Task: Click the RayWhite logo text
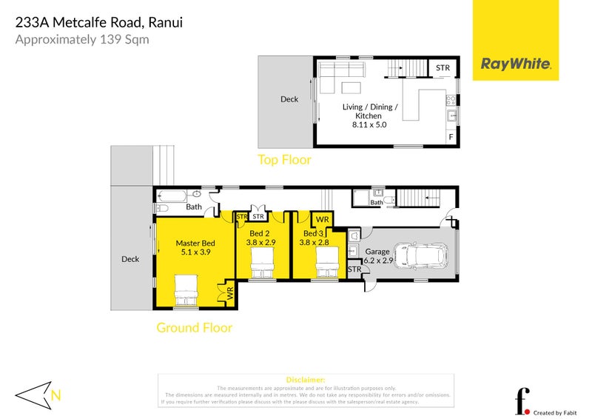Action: (x=516, y=64)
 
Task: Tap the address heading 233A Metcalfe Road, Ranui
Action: (x=99, y=22)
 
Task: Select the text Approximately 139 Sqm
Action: (x=82, y=39)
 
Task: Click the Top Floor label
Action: (x=284, y=159)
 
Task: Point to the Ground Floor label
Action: (x=194, y=327)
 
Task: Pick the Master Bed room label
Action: (x=195, y=243)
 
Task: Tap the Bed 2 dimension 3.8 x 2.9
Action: (x=260, y=241)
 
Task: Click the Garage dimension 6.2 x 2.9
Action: (x=378, y=260)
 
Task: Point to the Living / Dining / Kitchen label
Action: (x=370, y=111)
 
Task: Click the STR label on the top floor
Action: (x=443, y=68)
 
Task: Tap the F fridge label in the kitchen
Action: (x=450, y=138)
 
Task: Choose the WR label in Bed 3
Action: (x=323, y=220)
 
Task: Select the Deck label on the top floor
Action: (x=289, y=99)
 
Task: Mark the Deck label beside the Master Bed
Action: (x=130, y=259)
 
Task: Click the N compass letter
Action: (x=55, y=395)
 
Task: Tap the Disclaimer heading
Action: (x=305, y=379)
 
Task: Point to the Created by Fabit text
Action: (x=554, y=412)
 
